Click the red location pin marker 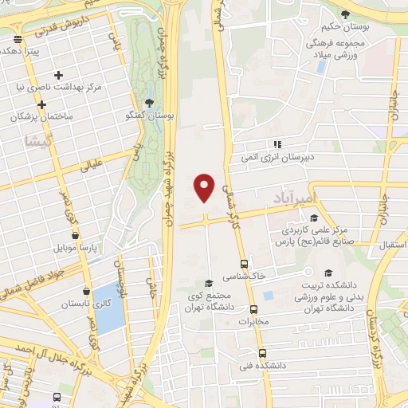[205, 186]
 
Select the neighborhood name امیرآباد [294, 198]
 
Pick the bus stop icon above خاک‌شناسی [244, 264]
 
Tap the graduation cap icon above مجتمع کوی [209, 283]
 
